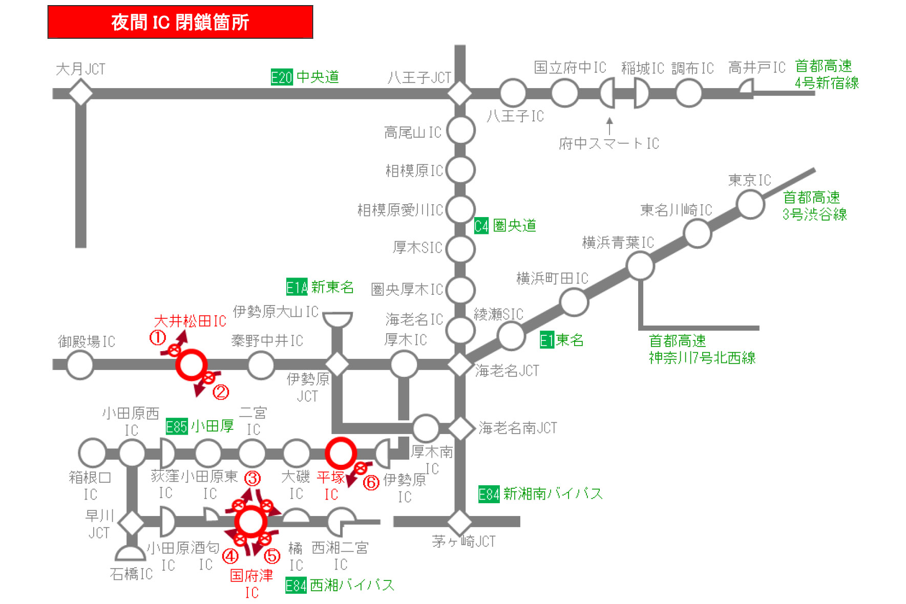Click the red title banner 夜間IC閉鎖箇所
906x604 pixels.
pos(180,22)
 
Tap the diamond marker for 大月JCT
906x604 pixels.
pos(80,93)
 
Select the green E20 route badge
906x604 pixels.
pos(281,77)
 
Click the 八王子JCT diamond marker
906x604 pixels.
pos(459,93)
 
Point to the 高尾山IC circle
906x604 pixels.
pos(460,131)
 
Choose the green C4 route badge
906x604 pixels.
pos(481,226)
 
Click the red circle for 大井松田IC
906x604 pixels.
pos(191,364)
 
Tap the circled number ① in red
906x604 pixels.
pos(157,337)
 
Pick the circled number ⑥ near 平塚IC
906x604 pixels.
pos(371,482)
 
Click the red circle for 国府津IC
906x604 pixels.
pos(251,522)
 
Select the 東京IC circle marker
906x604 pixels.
pos(750,204)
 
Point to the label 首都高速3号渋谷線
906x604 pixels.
pos(814,206)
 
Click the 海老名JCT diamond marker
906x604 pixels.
pos(459,364)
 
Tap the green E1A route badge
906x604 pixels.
pos(297,287)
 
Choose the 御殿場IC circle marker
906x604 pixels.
pos(80,365)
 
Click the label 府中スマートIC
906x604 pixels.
pos(608,144)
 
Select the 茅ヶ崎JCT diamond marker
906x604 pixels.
pos(459,522)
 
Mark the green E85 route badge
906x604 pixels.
pos(177,426)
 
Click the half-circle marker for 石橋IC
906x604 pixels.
pos(131,554)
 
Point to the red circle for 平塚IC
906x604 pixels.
pos(341,453)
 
